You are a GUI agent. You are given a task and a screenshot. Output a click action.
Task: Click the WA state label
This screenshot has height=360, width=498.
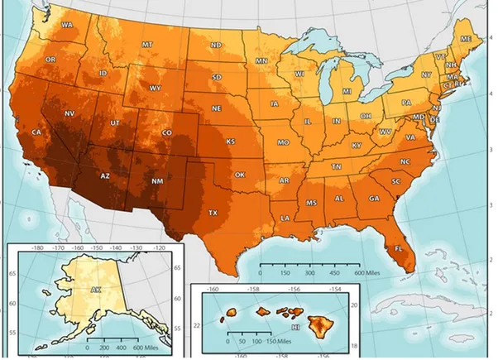[x=67, y=25]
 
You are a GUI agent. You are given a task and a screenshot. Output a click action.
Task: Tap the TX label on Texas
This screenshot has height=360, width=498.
[x=213, y=212]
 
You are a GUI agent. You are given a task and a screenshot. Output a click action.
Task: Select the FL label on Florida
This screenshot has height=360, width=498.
[x=398, y=247]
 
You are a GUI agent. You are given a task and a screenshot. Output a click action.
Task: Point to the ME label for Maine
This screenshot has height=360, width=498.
[x=466, y=39]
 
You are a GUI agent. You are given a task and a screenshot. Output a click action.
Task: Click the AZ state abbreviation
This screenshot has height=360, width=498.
[x=106, y=176]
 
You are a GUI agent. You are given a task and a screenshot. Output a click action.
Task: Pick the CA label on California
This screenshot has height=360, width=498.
[x=37, y=132]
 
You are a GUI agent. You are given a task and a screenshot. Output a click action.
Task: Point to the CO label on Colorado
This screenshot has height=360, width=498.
[x=166, y=132]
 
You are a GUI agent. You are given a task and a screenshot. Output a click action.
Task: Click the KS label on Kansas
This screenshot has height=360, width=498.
[x=231, y=141]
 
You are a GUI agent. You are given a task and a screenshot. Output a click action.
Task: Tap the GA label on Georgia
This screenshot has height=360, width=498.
[x=374, y=199]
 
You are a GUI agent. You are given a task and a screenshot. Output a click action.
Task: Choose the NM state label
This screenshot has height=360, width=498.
[x=158, y=180]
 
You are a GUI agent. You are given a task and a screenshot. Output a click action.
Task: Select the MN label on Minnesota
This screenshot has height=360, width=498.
[x=261, y=61]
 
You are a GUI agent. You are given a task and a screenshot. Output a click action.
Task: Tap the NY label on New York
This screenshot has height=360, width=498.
[x=426, y=74]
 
